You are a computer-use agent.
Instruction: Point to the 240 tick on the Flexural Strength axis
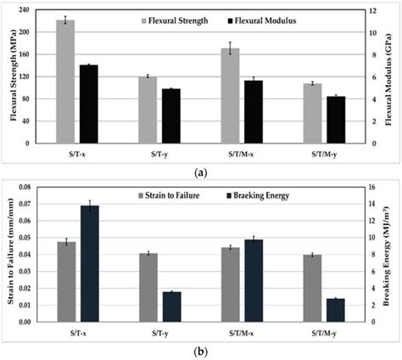tap(33, 10)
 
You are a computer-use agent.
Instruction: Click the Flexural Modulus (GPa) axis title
tap(389, 76)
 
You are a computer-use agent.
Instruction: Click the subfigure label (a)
tap(201, 172)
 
